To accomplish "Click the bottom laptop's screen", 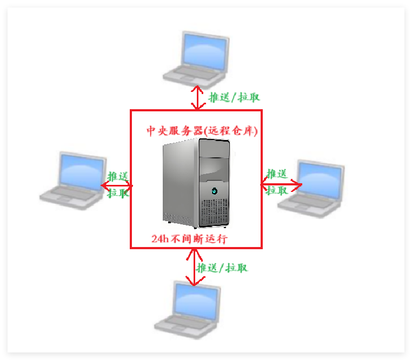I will click(x=196, y=300).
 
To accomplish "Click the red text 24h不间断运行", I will click(x=189, y=239).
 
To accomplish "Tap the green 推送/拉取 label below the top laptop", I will click(x=234, y=97).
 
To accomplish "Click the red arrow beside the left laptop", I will click(x=116, y=185).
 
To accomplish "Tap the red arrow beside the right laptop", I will click(x=281, y=184).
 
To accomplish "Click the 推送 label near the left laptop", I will click(x=118, y=176).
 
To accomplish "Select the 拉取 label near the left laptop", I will click(x=118, y=193).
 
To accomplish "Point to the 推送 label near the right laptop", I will click(x=277, y=174).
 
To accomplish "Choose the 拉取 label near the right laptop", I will click(x=277, y=190).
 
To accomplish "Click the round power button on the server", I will click(x=215, y=190).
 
